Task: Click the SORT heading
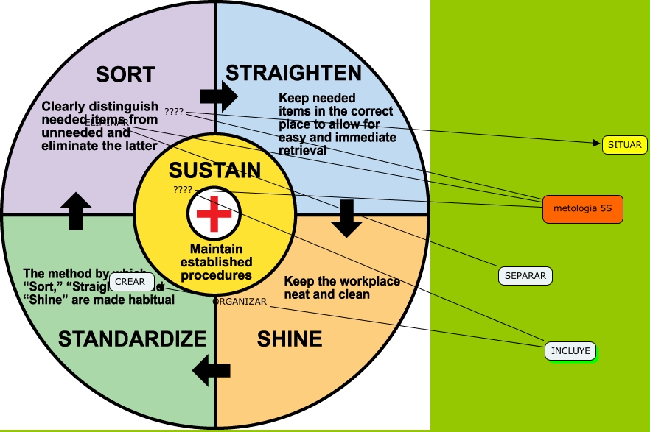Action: [x=126, y=74]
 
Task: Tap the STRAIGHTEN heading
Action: [x=293, y=73]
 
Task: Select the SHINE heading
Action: [x=290, y=339]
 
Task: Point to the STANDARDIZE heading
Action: [x=133, y=339]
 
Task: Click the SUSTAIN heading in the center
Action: [x=214, y=171]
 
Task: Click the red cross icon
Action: [x=214, y=214]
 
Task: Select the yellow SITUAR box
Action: [x=625, y=145]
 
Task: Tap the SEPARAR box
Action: [x=525, y=276]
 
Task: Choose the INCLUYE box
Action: [x=571, y=351]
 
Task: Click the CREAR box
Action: [x=130, y=281]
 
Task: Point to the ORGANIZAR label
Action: [x=239, y=302]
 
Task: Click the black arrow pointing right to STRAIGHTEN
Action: [x=218, y=96]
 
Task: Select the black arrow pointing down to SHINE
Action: [x=345, y=219]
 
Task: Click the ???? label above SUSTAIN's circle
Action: [x=174, y=112]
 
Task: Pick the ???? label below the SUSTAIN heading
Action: [x=183, y=189]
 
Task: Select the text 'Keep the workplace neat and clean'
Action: [x=342, y=288]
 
